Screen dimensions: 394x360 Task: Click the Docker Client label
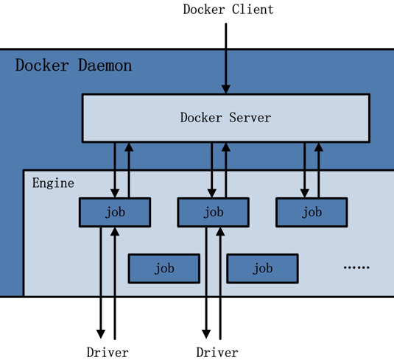pyautogui.click(x=228, y=10)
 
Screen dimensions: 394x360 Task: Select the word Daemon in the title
pyautogui.click(x=105, y=66)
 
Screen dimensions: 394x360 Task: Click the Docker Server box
pyautogui.click(x=226, y=118)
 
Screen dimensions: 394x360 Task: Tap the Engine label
pyautogui.click(x=53, y=183)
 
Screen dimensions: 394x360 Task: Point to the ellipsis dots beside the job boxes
pyautogui.click(x=356, y=267)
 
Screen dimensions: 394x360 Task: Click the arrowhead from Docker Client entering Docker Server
pyautogui.click(x=226, y=89)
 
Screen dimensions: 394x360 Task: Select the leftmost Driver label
pyautogui.click(x=108, y=352)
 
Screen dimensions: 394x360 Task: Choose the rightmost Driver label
pyautogui.click(x=217, y=352)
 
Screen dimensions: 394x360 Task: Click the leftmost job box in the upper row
pyautogui.click(x=115, y=213)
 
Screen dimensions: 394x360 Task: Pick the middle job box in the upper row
pyautogui.click(x=214, y=213)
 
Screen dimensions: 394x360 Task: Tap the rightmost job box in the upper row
pyautogui.click(x=312, y=213)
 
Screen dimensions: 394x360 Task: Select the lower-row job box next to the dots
pyautogui.click(x=263, y=269)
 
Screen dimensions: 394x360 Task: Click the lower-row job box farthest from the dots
pyautogui.click(x=164, y=269)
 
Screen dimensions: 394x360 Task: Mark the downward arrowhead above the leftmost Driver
pyautogui.click(x=101, y=334)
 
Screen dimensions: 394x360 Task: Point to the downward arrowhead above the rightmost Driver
pyautogui.click(x=206, y=334)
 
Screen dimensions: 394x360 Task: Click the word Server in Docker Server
pyautogui.click(x=250, y=118)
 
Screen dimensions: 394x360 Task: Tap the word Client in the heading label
pyautogui.click(x=253, y=10)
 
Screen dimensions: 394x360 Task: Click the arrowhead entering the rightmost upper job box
pyautogui.click(x=305, y=194)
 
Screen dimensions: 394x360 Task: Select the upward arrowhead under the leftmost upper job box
pyautogui.click(x=115, y=232)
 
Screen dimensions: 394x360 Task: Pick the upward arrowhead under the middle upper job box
pyautogui.click(x=220, y=232)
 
